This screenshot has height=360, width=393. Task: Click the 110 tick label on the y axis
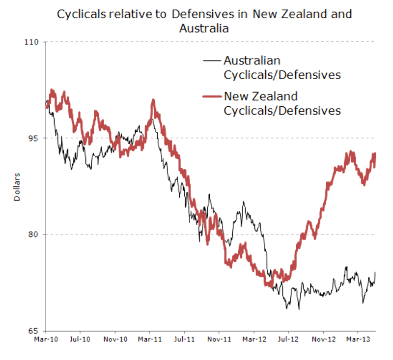click(34, 42)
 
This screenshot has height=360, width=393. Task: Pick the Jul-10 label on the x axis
click(80, 339)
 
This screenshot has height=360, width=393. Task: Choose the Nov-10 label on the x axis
click(116, 339)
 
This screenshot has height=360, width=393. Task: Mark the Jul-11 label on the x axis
click(184, 339)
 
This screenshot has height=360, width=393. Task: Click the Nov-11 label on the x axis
click(220, 339)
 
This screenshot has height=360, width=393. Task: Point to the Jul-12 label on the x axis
click(288, 339)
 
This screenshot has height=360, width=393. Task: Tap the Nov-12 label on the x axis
click(324, 339)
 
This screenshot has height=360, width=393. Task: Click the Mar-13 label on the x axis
click(359, 339)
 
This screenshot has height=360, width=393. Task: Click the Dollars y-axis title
click(16, 186)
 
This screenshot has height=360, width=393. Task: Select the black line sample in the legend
click(212, 61)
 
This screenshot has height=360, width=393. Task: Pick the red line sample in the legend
click(212, 96)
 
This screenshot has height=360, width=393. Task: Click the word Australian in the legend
click(252, 61)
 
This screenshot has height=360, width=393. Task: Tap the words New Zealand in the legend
click(260, 96)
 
